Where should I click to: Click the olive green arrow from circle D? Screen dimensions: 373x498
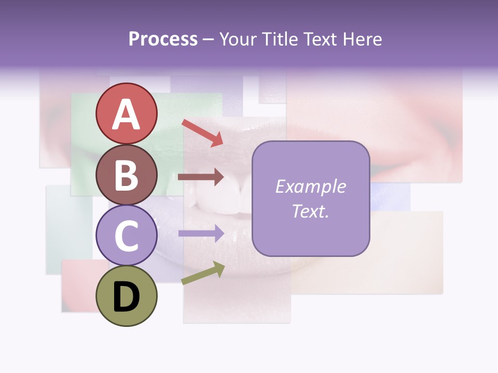click(x=203, y=274)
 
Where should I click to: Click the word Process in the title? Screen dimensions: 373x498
click(x=163, y=39)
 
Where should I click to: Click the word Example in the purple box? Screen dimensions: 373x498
click(x=310, y=187)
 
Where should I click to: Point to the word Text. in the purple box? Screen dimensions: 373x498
click(x=310, y=211)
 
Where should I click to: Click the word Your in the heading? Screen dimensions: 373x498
click(x=237, y=39)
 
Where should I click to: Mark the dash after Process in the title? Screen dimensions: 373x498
click(x=208, y=40)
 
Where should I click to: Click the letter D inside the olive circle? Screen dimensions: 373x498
click(x=126, y=298)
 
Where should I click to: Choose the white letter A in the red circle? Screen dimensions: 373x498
click(x=126, y=115)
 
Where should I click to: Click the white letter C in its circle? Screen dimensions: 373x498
click(x=126, y=236)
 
